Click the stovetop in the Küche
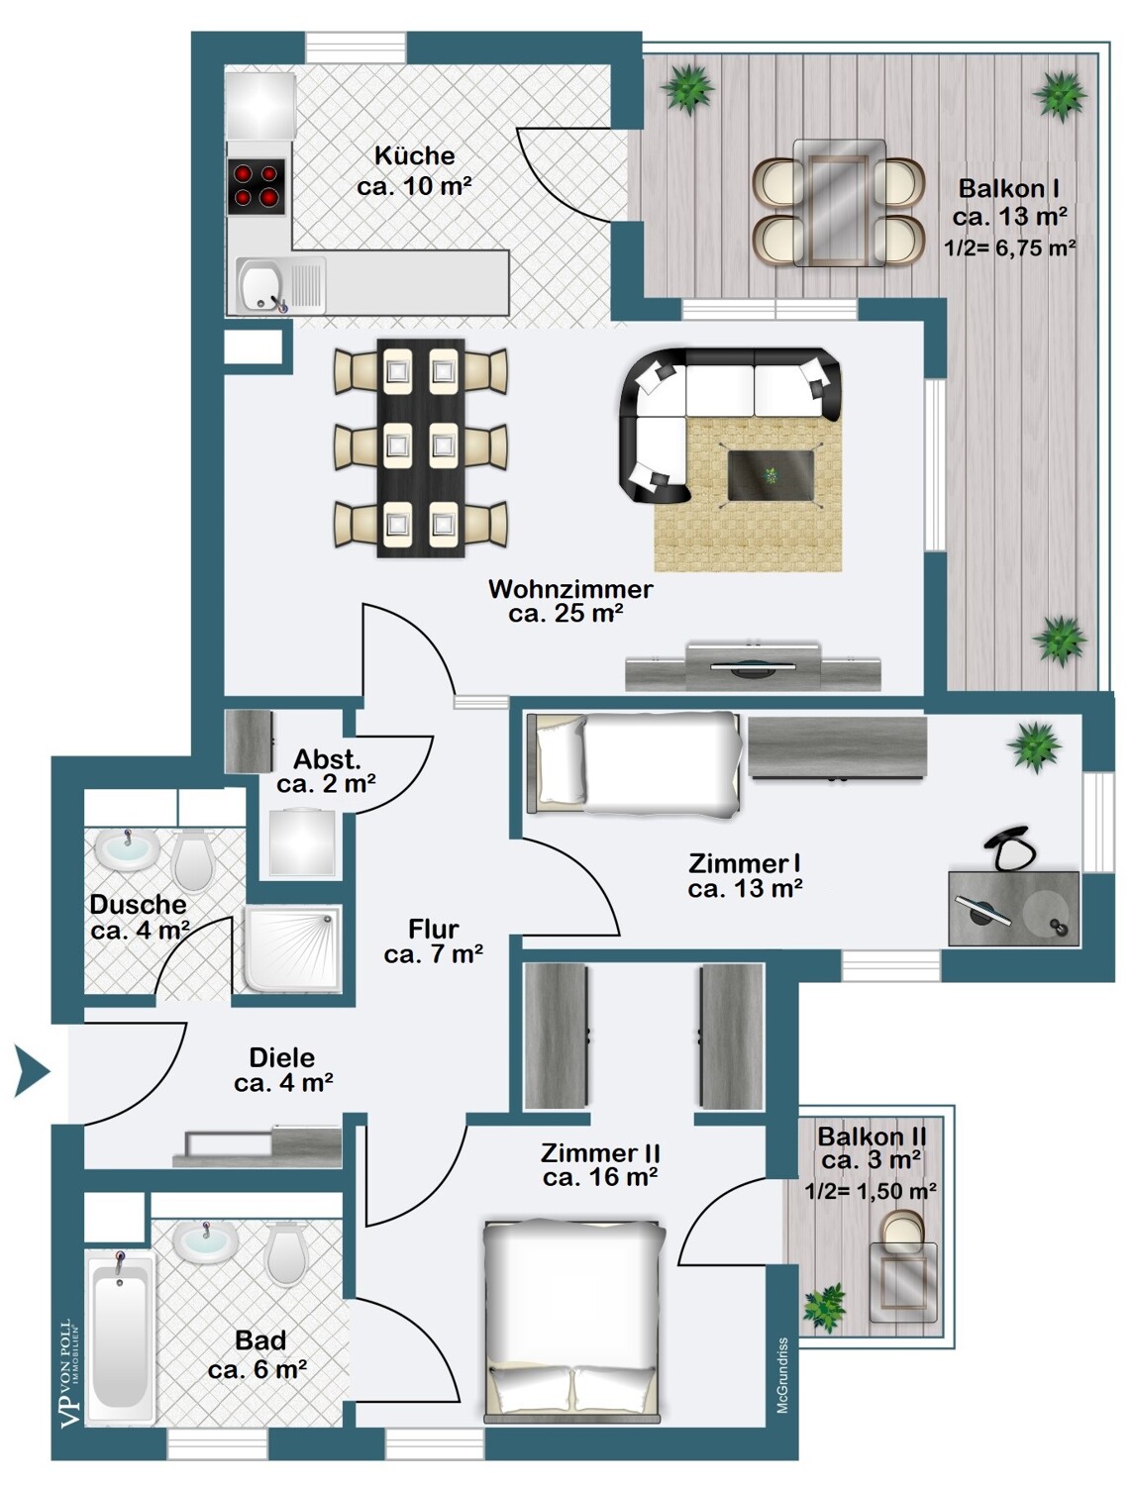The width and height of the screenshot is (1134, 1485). coord(256,186)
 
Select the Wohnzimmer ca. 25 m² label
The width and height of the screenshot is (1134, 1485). coord(569,601)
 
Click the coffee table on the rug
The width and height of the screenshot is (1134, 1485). coord(772,475)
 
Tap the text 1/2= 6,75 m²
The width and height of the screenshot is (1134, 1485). coord(1010,248)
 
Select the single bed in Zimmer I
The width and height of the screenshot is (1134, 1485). coord(636,763)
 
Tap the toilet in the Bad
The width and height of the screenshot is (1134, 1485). coord(286,1253)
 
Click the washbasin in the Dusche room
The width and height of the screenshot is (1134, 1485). coord(126,849)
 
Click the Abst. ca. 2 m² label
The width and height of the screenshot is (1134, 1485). coord(326,772)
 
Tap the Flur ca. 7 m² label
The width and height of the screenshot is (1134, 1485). coord(433,941)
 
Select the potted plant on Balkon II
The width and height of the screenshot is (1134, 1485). coord(824,1307)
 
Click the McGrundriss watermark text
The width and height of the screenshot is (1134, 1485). coord(782,1376)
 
